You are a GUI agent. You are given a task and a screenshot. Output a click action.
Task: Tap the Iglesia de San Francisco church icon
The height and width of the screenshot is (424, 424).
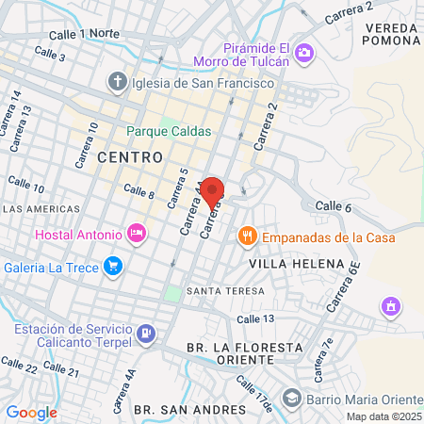[117, 82]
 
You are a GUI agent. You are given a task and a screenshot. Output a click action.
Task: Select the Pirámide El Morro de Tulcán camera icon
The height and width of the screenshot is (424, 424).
[304, 53]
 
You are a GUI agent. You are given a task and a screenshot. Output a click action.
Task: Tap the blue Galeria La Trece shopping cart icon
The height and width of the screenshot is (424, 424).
[114, 265]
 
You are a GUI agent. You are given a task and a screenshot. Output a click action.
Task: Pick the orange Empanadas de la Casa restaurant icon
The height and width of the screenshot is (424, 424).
[248, 236]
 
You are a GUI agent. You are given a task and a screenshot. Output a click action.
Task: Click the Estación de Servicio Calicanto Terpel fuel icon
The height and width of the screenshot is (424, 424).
[146, 333]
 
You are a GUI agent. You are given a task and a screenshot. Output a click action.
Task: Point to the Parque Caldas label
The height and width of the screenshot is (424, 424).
[170, 131]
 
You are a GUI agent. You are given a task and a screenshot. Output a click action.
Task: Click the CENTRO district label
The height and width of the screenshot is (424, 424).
[129, 155]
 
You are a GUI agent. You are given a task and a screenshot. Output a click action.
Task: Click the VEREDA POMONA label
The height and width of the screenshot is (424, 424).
[387, 34]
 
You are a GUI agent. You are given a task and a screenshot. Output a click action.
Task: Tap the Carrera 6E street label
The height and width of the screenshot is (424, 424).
[344, 286]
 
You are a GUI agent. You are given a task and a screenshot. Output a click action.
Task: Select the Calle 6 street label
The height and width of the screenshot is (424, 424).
[334, 206]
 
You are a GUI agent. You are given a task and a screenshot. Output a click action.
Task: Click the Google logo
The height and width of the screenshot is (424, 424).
[31, 412]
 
